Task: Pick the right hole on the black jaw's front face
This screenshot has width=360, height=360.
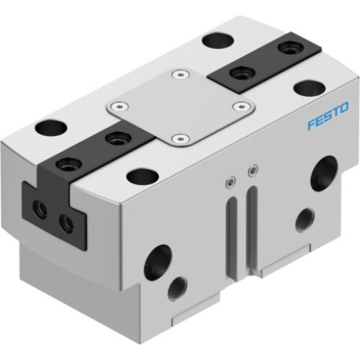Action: tap(66, 223)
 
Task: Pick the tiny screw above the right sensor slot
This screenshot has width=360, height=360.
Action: tap(251, 171)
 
